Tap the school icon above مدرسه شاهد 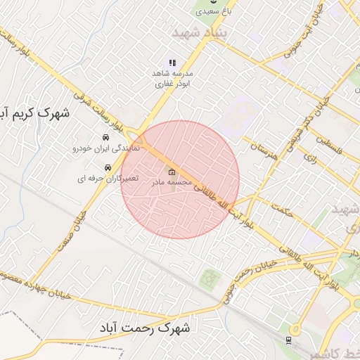click(172, 63)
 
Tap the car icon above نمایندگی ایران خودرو click(105, 136)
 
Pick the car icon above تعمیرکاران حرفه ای click(108, 168)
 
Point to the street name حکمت click(280, 210)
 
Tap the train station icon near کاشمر click(288, 340)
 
